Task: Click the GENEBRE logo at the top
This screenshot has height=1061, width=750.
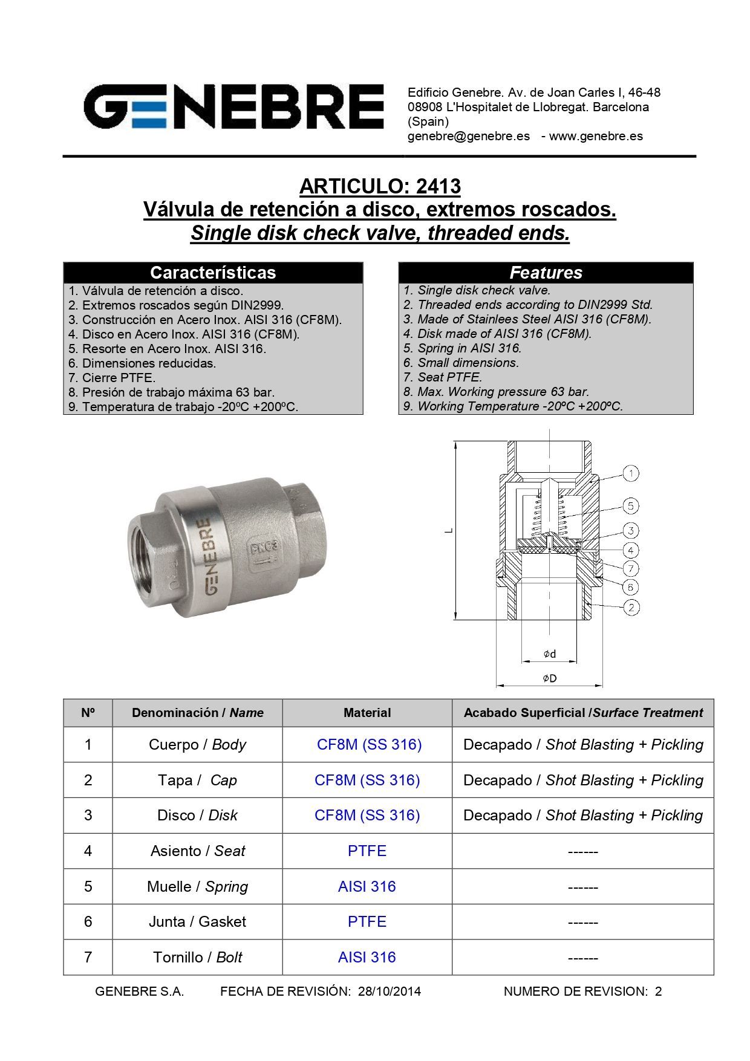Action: (x=233, y=106)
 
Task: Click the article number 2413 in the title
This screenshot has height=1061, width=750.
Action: (x=439, y=186)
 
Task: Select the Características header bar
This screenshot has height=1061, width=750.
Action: (x=213, y=273)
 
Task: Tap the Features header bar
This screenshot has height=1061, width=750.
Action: (x=546, y=273)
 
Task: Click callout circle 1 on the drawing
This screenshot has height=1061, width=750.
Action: (x=631, y=473)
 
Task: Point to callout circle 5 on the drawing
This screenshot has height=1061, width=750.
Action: (x=631, y=506)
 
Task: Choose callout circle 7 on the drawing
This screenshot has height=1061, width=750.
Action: (x=631, y=568)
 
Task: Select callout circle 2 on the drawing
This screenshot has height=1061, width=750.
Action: (x=631, y=607)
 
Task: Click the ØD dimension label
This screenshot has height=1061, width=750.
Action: (x=549, y=678)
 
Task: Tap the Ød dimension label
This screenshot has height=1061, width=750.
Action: (x=549, y=654)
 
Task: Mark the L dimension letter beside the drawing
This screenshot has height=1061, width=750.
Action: (x=449, y=531)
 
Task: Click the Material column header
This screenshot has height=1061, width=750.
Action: (x=367, y=713)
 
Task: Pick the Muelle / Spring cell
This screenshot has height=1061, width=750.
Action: (x=197, y=886)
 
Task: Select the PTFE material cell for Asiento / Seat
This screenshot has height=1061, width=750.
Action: (x=367, y=851)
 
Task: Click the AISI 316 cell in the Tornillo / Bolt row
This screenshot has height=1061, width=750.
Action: (x=367, y=957)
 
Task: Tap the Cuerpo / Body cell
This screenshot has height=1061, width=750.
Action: (x=197, y=744)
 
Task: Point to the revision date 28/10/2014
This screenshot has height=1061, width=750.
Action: (x=390, y=991)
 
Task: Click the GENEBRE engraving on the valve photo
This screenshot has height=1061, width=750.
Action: (x=202, y=556)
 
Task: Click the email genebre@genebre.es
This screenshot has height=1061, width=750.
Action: (x=469, y=136)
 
